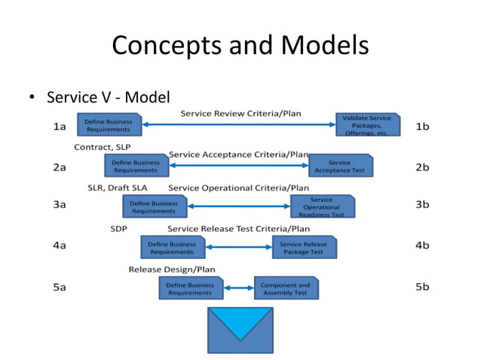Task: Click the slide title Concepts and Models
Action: (240, 46)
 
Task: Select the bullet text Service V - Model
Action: (108, 97)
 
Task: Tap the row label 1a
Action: (59, 127)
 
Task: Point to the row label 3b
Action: (422, 204)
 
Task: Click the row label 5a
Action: (59, 287)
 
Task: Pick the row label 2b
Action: (422, 167)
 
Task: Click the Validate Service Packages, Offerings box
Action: (366, 125)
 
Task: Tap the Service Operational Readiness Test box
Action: (322, 206)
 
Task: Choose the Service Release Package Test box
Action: (304, 248)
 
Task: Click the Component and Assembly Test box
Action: (285, 288)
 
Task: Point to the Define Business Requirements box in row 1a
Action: (109, 125)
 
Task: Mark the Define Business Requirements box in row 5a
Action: (190, 288)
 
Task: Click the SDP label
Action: (119, 228)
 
